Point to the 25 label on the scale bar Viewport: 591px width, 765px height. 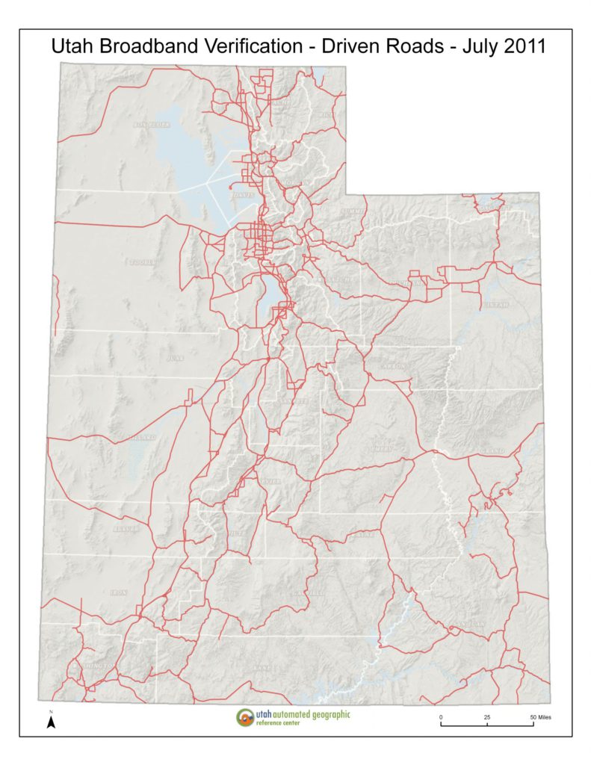pyautogui.click(x=487, y=717)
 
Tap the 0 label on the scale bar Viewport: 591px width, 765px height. pyautogui.click(x=441, y=717)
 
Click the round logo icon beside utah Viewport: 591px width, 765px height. pyautogui.click(x=244, y=718)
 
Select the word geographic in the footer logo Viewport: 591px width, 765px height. pyautogui.click(x=322, y=714)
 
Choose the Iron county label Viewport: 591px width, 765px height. pyautogui.click(x=118, y=592)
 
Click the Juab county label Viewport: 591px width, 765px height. pyautogui.click(x=176, y=359)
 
